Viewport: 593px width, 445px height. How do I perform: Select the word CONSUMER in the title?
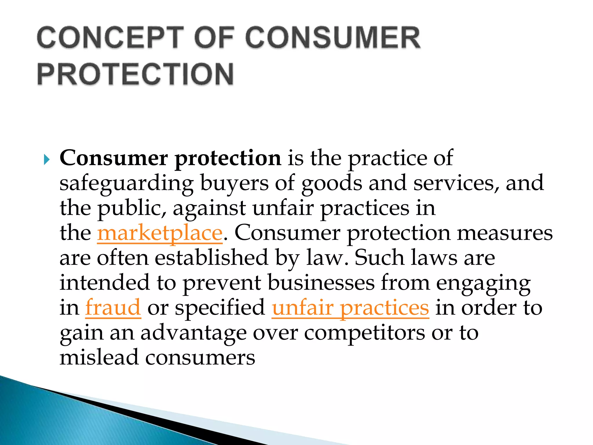coord(333,38)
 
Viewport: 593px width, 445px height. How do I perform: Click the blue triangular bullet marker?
coord(47,160)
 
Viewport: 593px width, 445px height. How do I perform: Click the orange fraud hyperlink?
coord(113,308)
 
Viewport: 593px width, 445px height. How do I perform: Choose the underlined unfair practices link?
coord(350,308)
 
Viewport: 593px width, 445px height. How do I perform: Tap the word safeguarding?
coord(127,184)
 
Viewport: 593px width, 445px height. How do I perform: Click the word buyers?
coord(234,184)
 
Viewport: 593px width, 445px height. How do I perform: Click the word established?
coord(211,258)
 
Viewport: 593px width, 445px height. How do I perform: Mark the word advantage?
coord(193,333)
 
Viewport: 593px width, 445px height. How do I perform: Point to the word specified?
coord(220,308)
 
